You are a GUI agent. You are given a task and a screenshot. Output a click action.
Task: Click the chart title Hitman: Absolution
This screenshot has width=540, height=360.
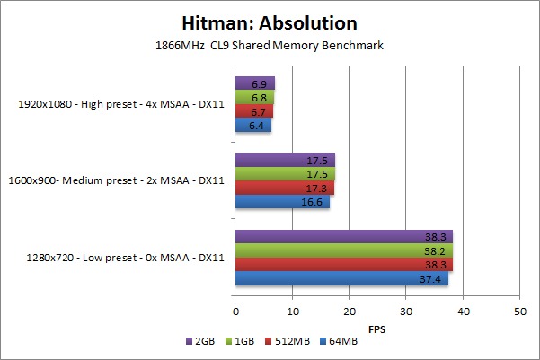270,22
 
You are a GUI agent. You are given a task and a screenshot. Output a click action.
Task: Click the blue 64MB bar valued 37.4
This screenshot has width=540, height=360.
341,279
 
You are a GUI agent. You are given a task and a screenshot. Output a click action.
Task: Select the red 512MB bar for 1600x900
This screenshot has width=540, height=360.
284,188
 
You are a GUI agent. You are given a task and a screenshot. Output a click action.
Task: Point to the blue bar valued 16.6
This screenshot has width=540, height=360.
282,202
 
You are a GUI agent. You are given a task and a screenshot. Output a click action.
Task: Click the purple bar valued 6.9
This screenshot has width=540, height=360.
255,83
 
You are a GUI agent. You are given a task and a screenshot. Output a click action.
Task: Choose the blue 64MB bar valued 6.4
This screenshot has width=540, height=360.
253,125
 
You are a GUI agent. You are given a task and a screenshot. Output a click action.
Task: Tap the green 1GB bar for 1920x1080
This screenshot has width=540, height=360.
254,96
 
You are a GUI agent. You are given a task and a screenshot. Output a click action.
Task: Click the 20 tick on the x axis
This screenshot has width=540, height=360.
349,311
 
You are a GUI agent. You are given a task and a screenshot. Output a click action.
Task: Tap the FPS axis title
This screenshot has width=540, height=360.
377,329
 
